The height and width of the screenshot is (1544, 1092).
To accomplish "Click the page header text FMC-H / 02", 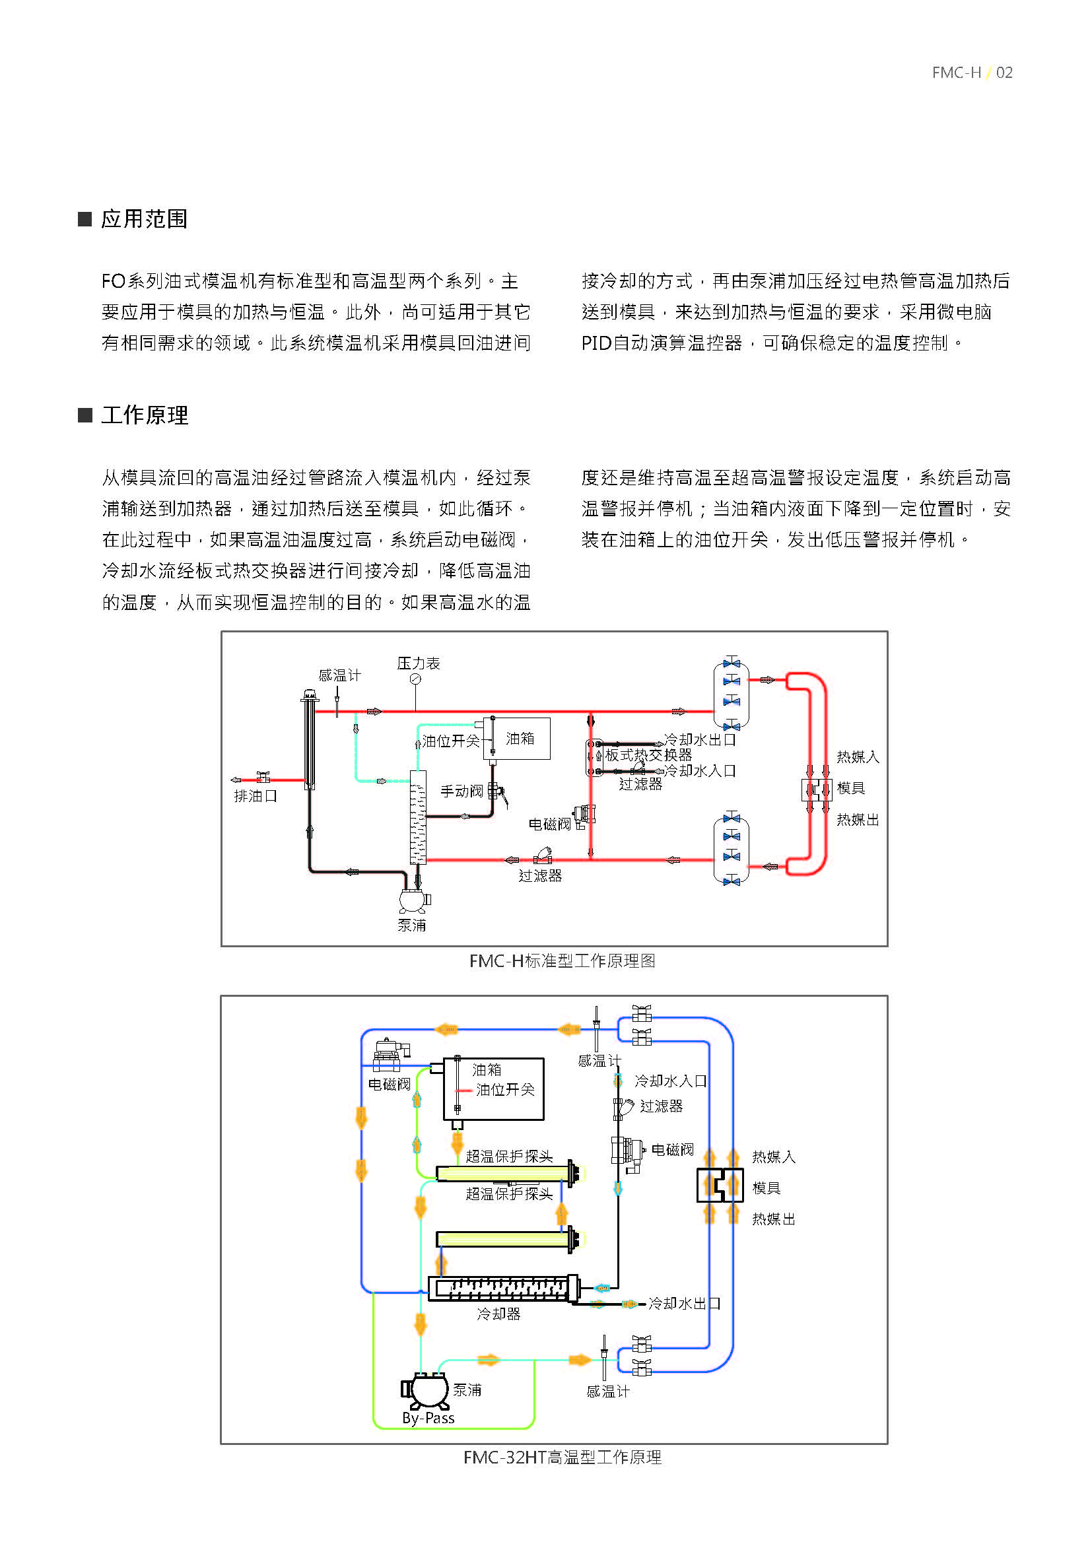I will click(x=972, y=73).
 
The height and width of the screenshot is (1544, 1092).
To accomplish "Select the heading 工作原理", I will click(x=144, y=415).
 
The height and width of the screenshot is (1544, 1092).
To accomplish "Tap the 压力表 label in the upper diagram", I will click(x=418, y=663).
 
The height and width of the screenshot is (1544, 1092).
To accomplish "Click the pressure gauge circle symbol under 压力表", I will click(x=415, y=679).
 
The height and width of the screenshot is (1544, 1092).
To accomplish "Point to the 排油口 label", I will click(x=256, y=795).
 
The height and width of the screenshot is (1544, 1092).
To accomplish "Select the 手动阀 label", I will click(x=461, y=791).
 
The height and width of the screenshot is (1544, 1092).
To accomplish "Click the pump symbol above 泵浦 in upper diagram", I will click(x=413, y=900).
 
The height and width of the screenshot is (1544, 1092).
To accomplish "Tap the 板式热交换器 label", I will click(x=648, y=755).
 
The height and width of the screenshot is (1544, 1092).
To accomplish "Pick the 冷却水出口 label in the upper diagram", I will click(x=700, y=740).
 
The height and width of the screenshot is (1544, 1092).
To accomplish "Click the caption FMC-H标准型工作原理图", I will click(x=562, y=961).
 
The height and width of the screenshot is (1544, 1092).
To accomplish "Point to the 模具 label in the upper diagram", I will click(x=850, y=788).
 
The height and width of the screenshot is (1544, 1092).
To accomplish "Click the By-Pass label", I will click(x=428, y=1418).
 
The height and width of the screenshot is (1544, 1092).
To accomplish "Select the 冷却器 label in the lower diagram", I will click(x=498, y=1314).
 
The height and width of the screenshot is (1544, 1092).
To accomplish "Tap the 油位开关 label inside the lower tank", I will click(x=505, y=1089).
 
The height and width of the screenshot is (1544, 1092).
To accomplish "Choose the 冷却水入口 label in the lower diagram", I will click(x=670, y=1081).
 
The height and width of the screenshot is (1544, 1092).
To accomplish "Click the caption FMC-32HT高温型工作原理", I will click(x=562, y=1458).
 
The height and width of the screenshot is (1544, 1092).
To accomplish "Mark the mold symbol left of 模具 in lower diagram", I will click(x=720, y=1185).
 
